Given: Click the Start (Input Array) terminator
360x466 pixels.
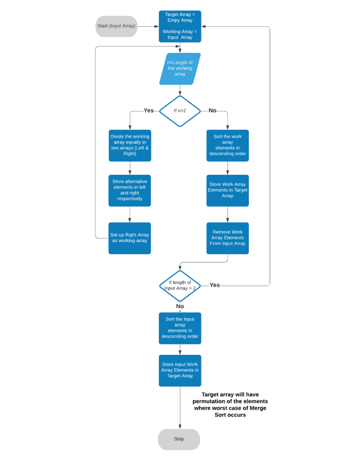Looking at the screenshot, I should [116, 26].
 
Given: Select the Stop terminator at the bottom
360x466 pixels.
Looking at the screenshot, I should [179, 439].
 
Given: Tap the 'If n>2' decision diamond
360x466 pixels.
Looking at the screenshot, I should [180, 111].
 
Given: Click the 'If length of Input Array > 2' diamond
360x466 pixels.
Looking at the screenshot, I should [180, 285].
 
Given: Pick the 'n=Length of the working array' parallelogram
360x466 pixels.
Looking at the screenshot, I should [180, 68].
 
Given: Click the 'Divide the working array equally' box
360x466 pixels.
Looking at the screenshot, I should [130, 145].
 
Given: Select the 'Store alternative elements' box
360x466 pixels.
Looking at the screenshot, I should [130, 190].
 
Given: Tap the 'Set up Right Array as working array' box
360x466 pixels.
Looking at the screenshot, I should [130, 238].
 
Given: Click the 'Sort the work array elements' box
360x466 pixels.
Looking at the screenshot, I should [228, 145].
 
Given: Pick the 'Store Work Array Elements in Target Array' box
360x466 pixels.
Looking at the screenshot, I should [228, 190].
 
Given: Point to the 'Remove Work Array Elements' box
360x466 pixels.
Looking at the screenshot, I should [228, 238].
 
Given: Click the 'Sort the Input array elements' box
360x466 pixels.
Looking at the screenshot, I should [180, 328].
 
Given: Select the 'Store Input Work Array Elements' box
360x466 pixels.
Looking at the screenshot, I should [180, 370].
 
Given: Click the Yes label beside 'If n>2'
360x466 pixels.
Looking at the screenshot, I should [149, 111].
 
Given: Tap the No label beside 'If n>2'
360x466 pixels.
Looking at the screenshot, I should [212, 111].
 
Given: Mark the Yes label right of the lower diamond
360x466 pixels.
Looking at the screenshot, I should [214, 285].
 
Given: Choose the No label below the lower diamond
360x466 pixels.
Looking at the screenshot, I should [180, 306].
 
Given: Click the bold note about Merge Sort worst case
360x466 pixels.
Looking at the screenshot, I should [230, 405].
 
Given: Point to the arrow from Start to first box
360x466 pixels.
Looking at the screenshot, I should [148, 26].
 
